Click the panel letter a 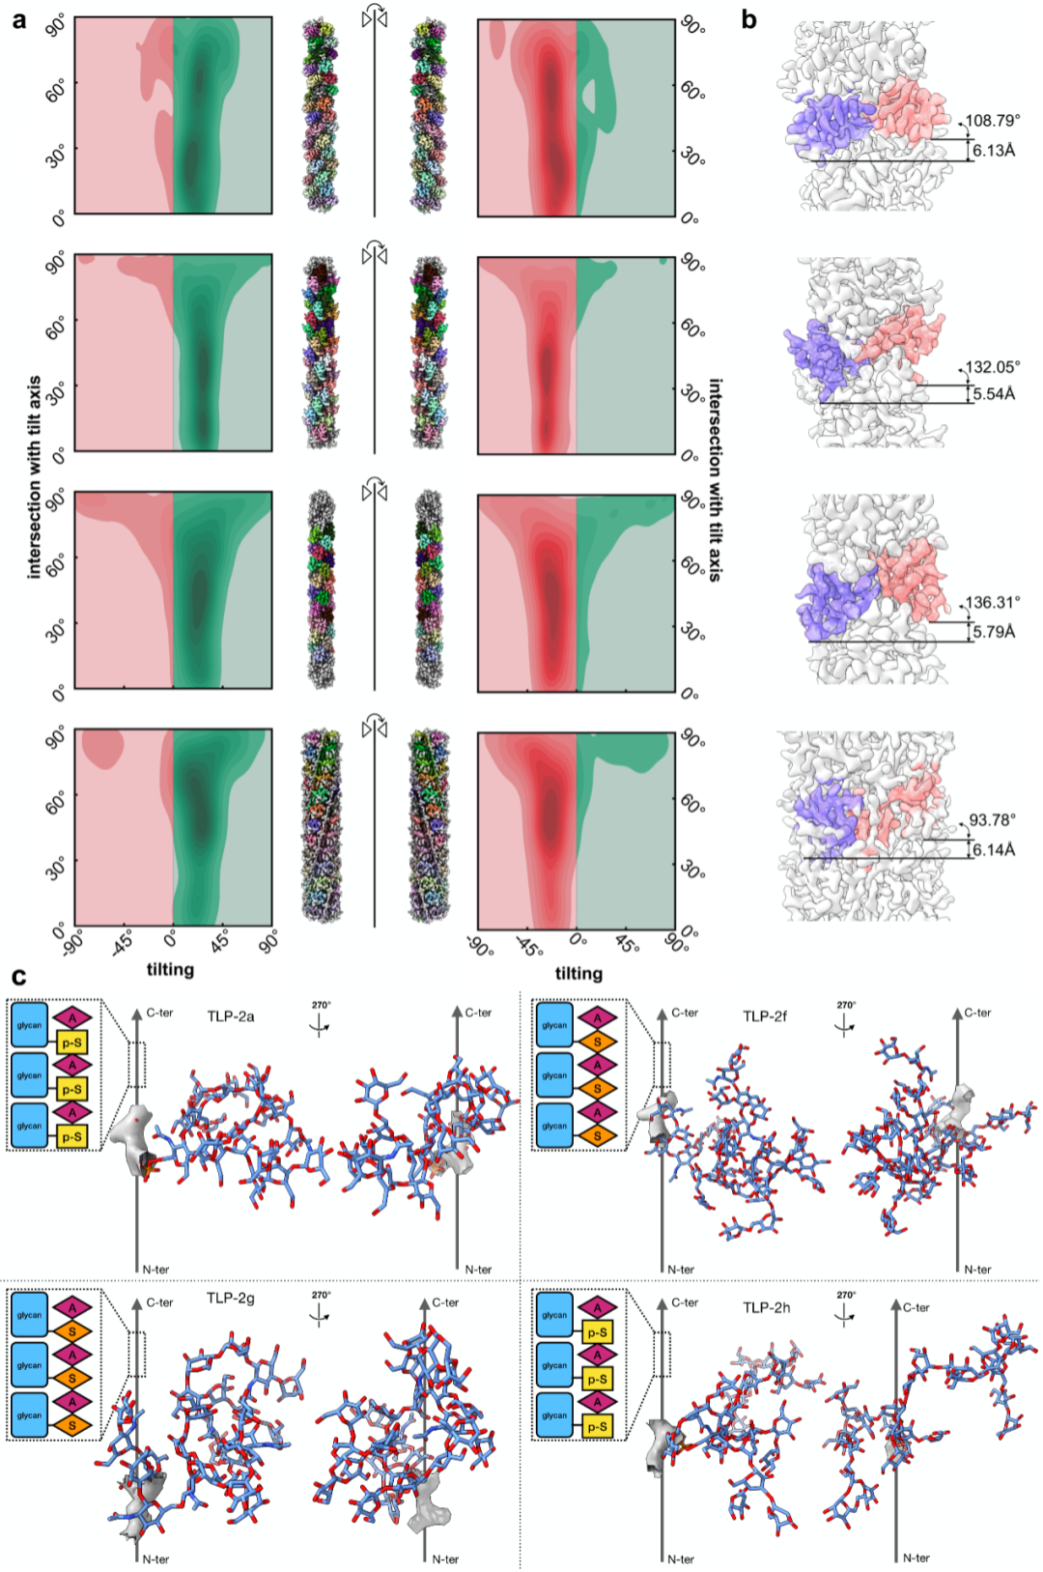tap(19, 19)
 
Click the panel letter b tap(749, 19)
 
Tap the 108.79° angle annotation tap(992, 121)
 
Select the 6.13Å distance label tap(994, 151)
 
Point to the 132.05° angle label tap(992, 367)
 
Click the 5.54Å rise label tap(994, 394)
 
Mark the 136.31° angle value tap(992, 602)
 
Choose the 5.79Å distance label tap(994, 632)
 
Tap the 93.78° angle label tap(992, 820)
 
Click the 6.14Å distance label tap(994, 850)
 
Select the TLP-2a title tap(231, 1016)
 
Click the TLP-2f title tap(765, 1016)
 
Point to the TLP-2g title tap(231, 1299)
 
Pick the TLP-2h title tap(766, 1308)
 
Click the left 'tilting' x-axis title tap(170, 969)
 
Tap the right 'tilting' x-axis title tap(578, 973)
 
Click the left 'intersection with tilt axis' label tap(35, 477)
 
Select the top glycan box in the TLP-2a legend tap(29, 1026)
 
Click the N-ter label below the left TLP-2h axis tap(681, 1559)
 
